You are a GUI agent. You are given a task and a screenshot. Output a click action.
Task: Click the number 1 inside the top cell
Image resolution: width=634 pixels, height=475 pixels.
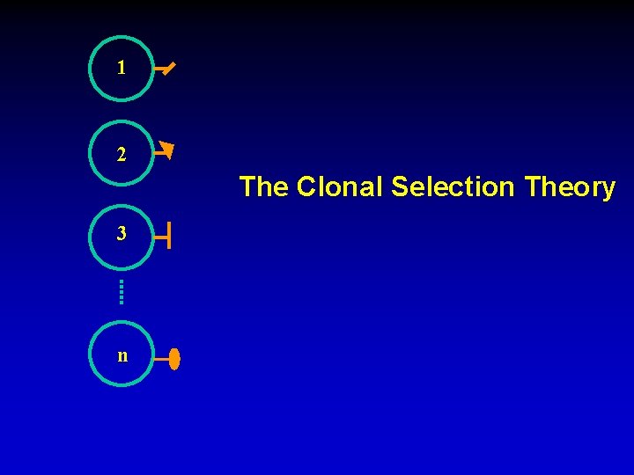122,68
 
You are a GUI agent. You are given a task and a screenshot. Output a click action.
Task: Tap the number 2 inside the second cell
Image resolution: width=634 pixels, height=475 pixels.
122,155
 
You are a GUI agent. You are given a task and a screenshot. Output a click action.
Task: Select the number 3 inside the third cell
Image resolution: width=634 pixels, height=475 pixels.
122,235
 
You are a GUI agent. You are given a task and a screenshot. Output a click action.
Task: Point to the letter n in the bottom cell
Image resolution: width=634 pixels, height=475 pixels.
122,356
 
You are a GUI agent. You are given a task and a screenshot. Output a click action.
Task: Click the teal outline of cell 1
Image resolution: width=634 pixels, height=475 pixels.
91,68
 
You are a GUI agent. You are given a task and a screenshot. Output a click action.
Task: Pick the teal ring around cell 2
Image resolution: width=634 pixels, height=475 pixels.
91,153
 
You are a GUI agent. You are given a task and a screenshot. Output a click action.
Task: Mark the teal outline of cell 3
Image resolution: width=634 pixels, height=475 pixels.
91,235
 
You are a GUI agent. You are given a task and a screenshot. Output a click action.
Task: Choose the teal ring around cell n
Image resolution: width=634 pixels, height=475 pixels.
91,354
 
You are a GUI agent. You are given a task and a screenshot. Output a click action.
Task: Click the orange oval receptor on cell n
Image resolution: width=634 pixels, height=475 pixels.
174,359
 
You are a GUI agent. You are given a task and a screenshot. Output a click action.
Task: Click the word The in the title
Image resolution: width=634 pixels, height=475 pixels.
263,187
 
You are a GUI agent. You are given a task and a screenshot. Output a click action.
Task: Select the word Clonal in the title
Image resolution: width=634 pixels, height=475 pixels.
341,187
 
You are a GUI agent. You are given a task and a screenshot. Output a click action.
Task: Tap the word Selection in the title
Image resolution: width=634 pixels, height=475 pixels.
453,187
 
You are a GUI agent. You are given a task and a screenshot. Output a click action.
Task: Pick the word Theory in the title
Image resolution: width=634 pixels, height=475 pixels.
570,187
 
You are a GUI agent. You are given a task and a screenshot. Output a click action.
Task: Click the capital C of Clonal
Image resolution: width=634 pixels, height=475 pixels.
306,187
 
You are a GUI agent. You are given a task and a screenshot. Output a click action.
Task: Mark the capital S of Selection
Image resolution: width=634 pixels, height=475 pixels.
400,187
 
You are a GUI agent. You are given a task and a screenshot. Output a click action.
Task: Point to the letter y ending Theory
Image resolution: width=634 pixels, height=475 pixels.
608,190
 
